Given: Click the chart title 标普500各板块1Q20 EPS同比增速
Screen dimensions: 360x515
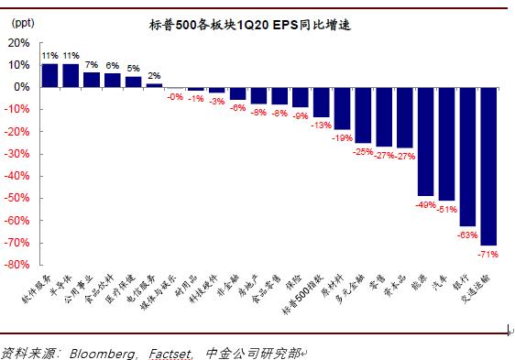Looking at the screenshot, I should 249,26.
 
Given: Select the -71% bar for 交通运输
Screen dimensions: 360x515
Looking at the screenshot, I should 488,166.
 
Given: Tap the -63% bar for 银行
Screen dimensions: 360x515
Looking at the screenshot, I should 467,157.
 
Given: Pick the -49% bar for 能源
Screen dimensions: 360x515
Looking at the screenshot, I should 425,141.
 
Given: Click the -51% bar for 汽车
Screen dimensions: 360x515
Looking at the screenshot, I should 446,144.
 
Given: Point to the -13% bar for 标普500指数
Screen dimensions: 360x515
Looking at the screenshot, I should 321,102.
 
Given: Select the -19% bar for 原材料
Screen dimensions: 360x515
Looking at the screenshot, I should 342,108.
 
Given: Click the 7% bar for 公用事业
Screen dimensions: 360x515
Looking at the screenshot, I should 92,80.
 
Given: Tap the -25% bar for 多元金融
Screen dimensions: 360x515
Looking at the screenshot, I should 363,115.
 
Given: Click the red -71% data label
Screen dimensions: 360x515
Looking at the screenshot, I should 488,253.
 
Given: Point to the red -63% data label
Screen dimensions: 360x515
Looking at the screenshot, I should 467,235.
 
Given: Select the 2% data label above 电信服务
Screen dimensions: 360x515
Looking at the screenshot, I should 154,75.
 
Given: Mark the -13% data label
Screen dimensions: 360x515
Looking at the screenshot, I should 321,125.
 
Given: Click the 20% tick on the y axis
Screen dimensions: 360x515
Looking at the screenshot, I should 17,43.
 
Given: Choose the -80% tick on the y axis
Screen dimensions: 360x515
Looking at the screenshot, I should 16,266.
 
